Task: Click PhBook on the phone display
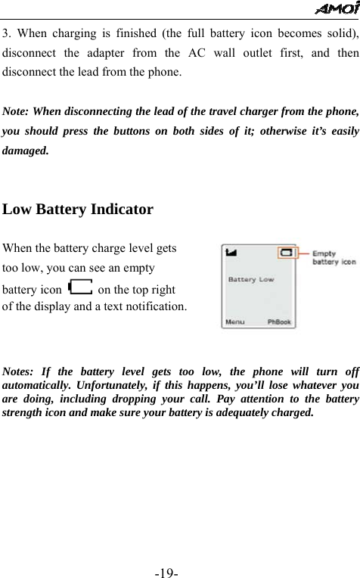click(x=280, y=322)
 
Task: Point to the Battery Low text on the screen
click(x=251, y=279)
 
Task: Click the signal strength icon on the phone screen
click(x=231, y=252)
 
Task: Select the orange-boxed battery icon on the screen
click(x=287, y=252)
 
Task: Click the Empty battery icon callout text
click(x=334, y=257)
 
